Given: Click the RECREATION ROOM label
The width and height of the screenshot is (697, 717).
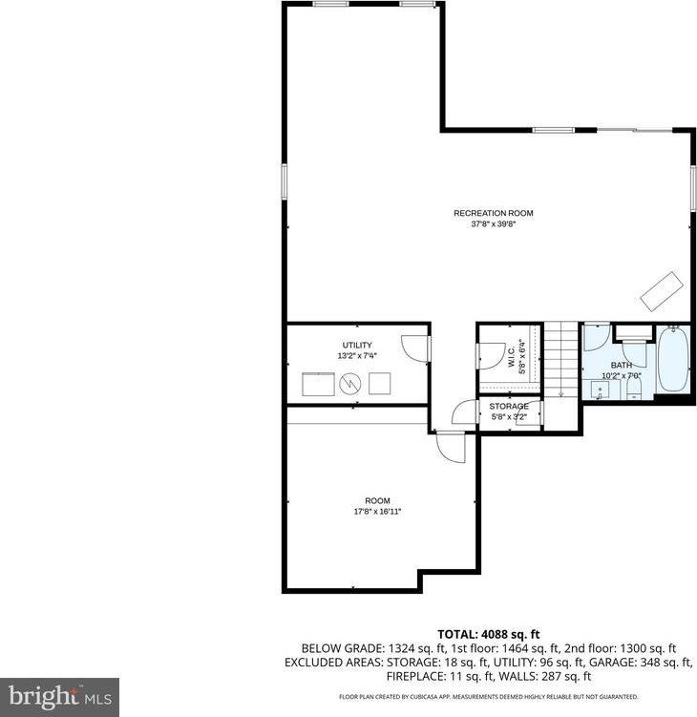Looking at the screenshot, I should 493,213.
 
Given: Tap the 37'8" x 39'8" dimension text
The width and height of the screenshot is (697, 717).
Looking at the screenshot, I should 493,225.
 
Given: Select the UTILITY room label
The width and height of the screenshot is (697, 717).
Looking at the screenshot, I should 357,345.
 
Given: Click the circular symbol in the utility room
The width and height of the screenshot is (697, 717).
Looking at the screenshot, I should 350,384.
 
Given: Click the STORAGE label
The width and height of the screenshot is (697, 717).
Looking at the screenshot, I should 509,406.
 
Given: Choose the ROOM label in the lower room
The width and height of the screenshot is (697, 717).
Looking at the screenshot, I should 377,500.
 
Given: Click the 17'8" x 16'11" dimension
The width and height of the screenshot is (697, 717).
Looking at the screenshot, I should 377,512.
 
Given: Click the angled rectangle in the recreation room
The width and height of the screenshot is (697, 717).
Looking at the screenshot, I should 661,291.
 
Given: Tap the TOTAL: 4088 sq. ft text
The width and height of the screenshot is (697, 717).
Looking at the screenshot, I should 489,633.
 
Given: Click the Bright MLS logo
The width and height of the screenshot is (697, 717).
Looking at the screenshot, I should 59,696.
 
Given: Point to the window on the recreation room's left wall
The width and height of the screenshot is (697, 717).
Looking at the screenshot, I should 284,181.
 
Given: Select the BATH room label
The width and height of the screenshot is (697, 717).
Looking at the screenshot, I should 622,365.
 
